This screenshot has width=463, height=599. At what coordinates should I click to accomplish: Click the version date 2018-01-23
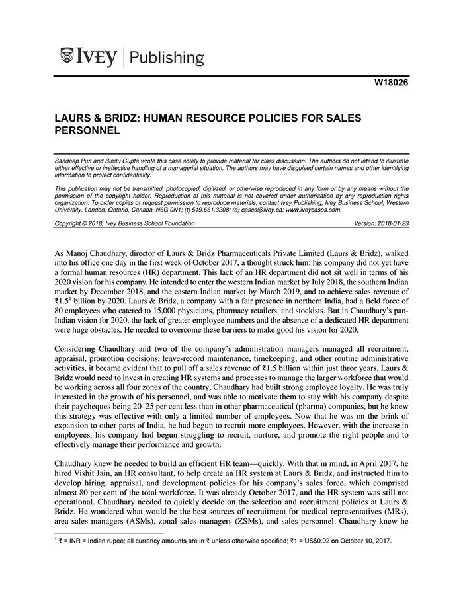(393, 224)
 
